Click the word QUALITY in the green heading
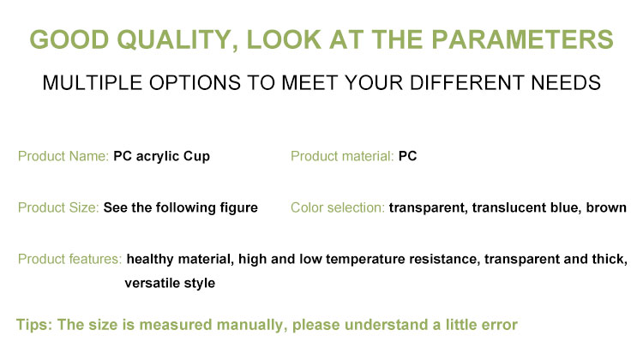[177, 40]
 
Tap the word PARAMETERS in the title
[522, 39]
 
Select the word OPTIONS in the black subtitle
[195, 83]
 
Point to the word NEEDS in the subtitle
[566, 83]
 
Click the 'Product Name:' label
[63, 156]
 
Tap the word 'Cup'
[196, 157]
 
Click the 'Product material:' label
[342, 156]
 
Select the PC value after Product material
[407, 156]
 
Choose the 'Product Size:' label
[58, 208]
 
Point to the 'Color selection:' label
[338, 208]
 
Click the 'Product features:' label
[69, 259]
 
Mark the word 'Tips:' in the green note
[34, 325]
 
